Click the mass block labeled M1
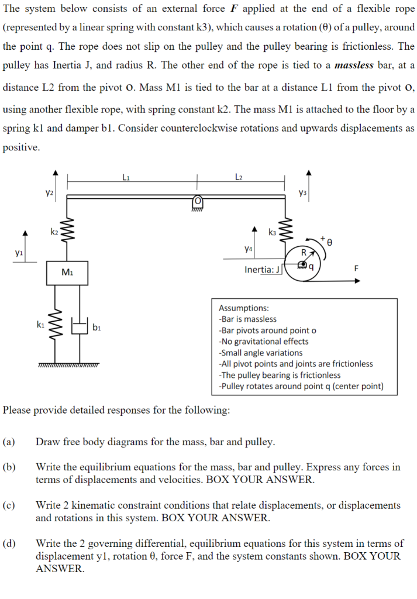click(67, 272)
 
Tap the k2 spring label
click(54, 232)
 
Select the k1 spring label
click(40, 323)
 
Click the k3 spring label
click(272, 232)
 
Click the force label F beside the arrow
click(356, 269)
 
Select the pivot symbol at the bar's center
click(197, 202)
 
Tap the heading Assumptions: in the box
click(244, 308)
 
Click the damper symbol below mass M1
click(78, 325)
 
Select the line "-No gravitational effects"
click(263, 342)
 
